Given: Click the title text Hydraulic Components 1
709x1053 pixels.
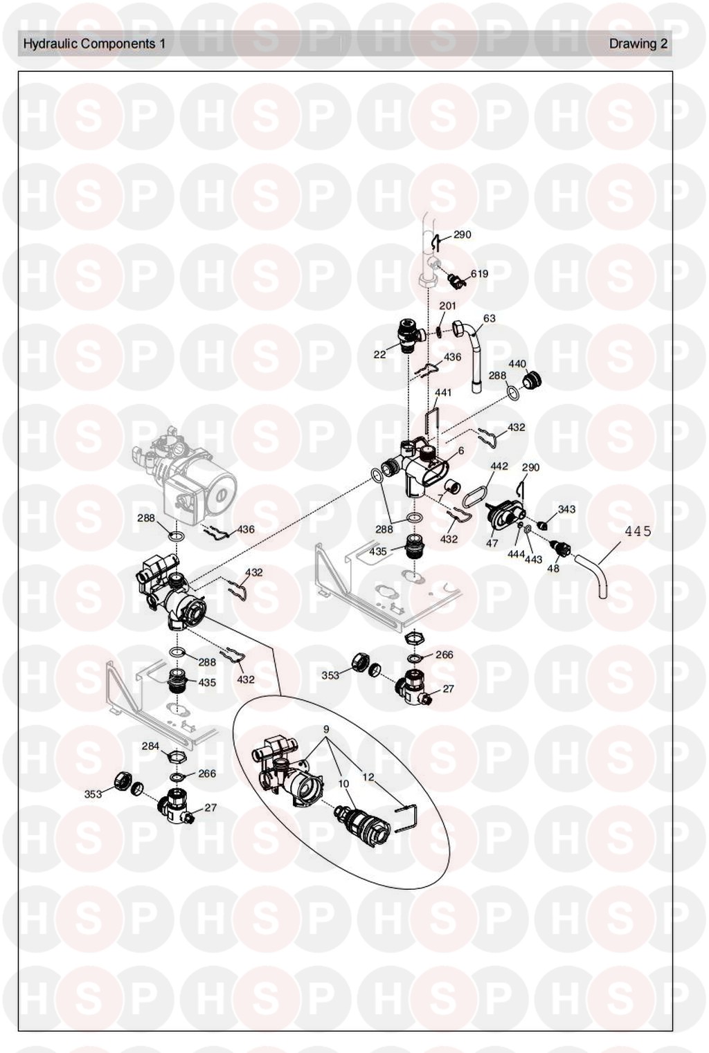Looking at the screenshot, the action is pos(94,44).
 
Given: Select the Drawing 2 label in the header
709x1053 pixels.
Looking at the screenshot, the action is pos(638,44).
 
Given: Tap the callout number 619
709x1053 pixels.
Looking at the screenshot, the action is pos(479,273).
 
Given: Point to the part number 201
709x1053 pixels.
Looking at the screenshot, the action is pos(447,306).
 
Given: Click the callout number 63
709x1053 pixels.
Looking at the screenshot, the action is pos(490,318).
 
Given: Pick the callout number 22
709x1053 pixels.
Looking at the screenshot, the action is pos(379,355).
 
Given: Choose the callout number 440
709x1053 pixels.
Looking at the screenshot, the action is pos(517,364).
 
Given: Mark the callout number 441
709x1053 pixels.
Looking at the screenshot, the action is pos(442,392).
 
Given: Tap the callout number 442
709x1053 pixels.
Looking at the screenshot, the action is pos(499,466).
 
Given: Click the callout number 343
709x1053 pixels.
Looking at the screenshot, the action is pos(566,509).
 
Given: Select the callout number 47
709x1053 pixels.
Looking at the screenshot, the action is pos(492,543).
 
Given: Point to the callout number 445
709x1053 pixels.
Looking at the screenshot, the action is pos(638,531).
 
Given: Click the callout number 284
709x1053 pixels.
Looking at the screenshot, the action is pos(151,746).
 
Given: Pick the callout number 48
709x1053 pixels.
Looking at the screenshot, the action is pos(553,568).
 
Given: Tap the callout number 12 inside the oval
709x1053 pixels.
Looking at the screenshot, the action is pos(368,777).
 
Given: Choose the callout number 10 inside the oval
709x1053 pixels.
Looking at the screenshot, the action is pos(343,784).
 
